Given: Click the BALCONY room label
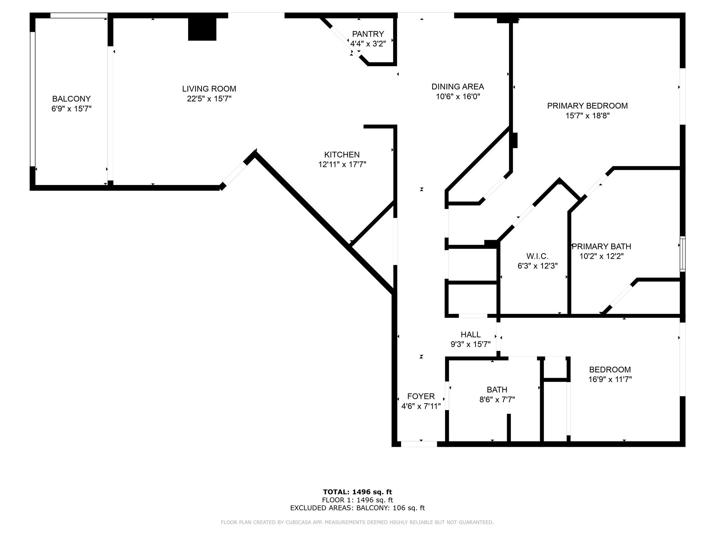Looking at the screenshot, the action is pos(71,99).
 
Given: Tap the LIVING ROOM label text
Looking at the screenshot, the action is pos(209,89).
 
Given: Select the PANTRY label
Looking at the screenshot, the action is pos(368,34).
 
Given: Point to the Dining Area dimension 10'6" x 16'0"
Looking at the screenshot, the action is pos(458,96).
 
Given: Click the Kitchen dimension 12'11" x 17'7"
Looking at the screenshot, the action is pos(342,164).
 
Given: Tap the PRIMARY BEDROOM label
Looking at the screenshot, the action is pos(587,106).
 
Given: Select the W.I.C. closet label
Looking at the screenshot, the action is pos(537,256).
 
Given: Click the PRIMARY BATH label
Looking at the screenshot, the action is pos(601,246).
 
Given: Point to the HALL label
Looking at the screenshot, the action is pos(471,335).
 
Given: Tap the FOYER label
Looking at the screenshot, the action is pos(421,396).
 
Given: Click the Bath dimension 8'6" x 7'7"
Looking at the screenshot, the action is pos(497,399).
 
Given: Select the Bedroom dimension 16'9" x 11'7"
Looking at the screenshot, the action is pos(610,379).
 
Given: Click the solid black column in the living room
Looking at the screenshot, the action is pos(202,29).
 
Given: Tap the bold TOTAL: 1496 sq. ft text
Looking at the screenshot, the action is pos(357,492).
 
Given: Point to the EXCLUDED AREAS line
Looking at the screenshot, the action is pos(357,508).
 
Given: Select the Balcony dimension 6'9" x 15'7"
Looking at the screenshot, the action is pos(71,109).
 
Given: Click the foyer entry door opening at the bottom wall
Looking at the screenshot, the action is pos(419,444).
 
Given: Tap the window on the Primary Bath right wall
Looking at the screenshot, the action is pos(683,254).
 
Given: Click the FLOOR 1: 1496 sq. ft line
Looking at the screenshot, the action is pos(357,500).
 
